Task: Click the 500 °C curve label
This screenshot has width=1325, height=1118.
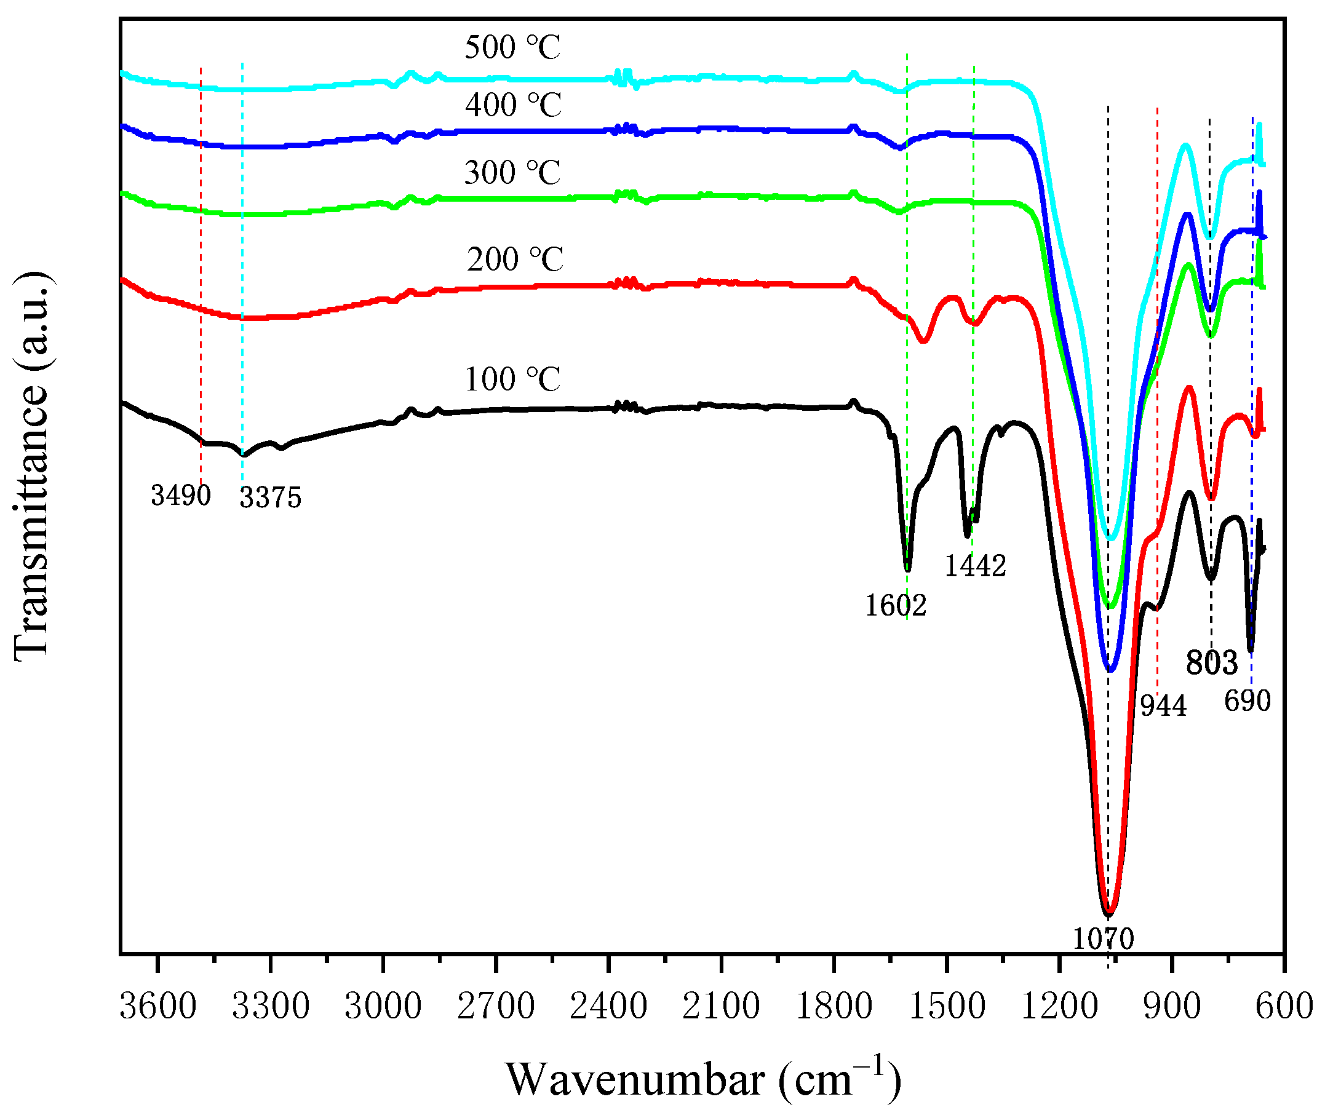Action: [512, 47]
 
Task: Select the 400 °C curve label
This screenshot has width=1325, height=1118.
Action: [513, 105]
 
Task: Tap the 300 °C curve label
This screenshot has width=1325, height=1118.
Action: [512, 172]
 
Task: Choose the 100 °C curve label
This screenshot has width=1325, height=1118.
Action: [512, 379]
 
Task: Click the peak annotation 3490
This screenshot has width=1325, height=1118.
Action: [181, 495]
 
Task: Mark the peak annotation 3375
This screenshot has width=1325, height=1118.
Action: [270, 498]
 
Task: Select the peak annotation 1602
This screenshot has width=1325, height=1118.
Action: [895, 605]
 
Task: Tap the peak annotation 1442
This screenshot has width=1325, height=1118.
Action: [975, 565]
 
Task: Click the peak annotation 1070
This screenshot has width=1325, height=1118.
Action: [1102, 938]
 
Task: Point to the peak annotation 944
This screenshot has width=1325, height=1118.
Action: [1163, 705]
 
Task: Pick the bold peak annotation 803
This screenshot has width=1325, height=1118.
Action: [1212, 663]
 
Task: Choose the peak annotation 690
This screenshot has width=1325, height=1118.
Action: [1247, 701]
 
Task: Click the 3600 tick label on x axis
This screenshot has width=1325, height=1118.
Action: [158, 1007]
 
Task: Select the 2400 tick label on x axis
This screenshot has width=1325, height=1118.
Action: [608, 1007]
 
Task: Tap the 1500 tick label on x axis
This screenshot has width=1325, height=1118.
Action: [947, 1007]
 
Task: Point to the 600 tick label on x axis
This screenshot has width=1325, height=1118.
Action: [1284, 1007]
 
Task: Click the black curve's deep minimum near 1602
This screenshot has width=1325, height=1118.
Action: [908, 568]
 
